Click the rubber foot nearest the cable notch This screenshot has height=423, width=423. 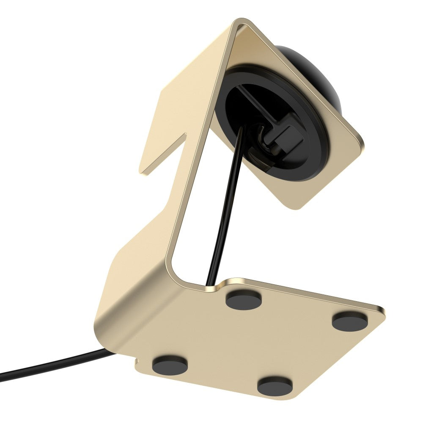click(243, 299)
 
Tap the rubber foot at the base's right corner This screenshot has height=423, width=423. click(349, 321)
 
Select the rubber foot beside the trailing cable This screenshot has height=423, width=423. click(170, 365)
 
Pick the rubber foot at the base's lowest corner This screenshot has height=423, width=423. click(275, 386)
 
